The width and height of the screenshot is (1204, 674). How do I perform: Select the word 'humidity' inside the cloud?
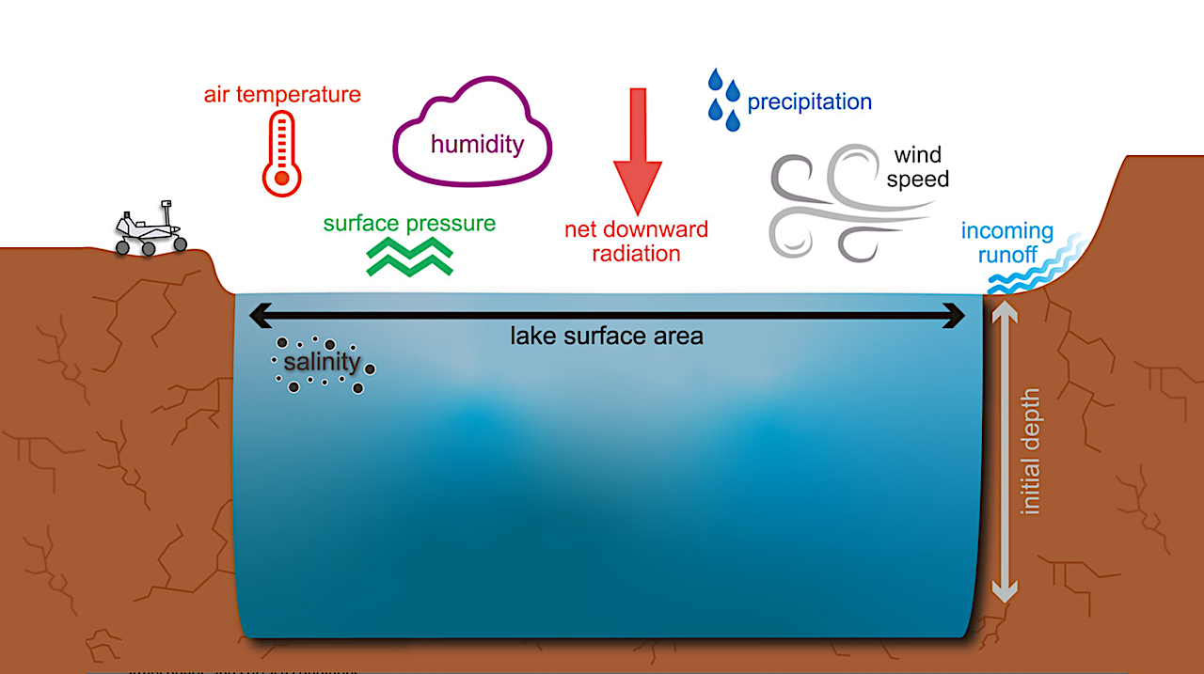click(x=477, y=144)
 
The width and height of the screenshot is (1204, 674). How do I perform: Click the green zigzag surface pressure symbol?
click(x=410, y=257)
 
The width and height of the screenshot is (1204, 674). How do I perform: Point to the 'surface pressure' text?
click(x=409, y=224)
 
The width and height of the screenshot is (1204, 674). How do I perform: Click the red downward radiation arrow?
click(x=638, y=150)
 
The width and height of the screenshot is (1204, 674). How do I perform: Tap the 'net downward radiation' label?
click(x=637, y=241)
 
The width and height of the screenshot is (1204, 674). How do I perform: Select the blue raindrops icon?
click(x=722, y=96)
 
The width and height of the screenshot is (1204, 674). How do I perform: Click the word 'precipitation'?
click(x=809, y=102)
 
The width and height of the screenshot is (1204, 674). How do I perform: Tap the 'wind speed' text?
click(x=917, y=166)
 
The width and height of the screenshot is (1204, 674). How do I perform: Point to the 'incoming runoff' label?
click(x=1006, y=242)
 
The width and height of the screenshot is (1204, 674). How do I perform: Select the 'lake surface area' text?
click(x=607, y=336)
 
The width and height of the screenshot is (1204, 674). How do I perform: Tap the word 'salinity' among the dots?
click(x=323, y=362)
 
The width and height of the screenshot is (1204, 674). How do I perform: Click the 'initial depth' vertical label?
click(x=1032, y=450)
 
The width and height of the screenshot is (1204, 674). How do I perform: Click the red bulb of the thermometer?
click(x=280, y=176)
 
